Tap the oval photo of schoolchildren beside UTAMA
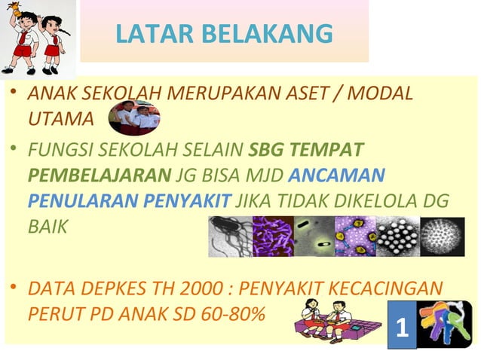134,117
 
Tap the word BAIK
47,226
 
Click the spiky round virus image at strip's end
442,236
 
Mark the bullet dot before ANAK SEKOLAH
15,94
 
